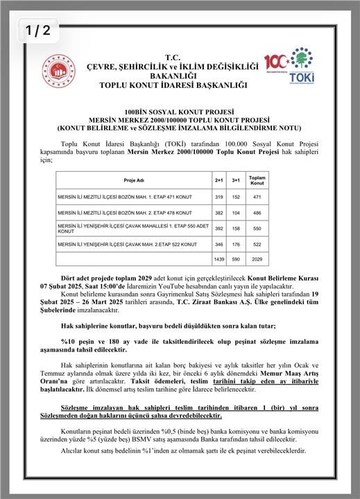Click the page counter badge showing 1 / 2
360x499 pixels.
[39, 30]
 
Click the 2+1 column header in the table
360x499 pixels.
[220, 179]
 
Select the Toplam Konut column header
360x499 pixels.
[257, 179]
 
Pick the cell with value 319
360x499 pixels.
[220, 198]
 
